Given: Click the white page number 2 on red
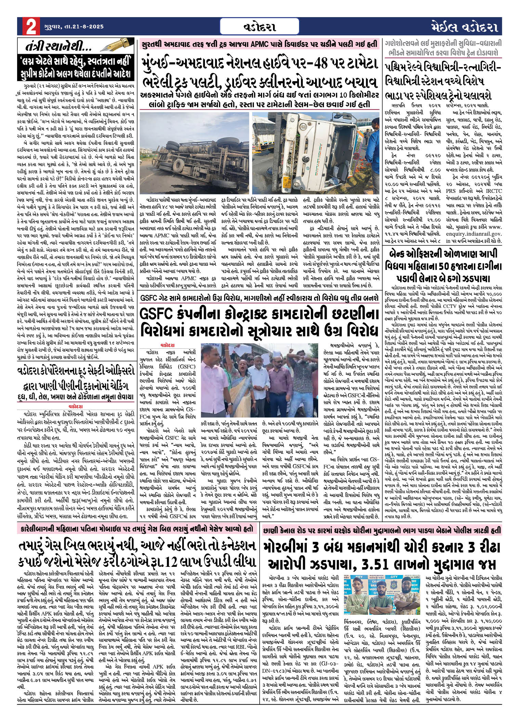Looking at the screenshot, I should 30,27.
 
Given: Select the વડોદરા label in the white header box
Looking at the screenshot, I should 260,27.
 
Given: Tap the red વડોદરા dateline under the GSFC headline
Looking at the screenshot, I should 168,345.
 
